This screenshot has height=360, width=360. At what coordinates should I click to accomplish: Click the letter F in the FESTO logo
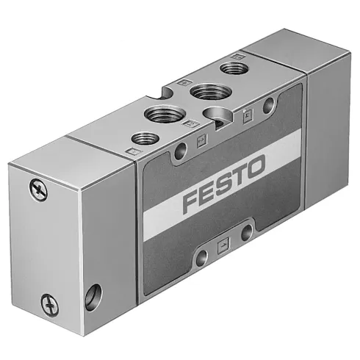click(x=192, y=200)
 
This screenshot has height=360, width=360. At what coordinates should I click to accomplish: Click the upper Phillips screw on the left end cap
click(x=39, y=190)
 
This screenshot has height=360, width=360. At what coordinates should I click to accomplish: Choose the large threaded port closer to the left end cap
click(x=160, y=114)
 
